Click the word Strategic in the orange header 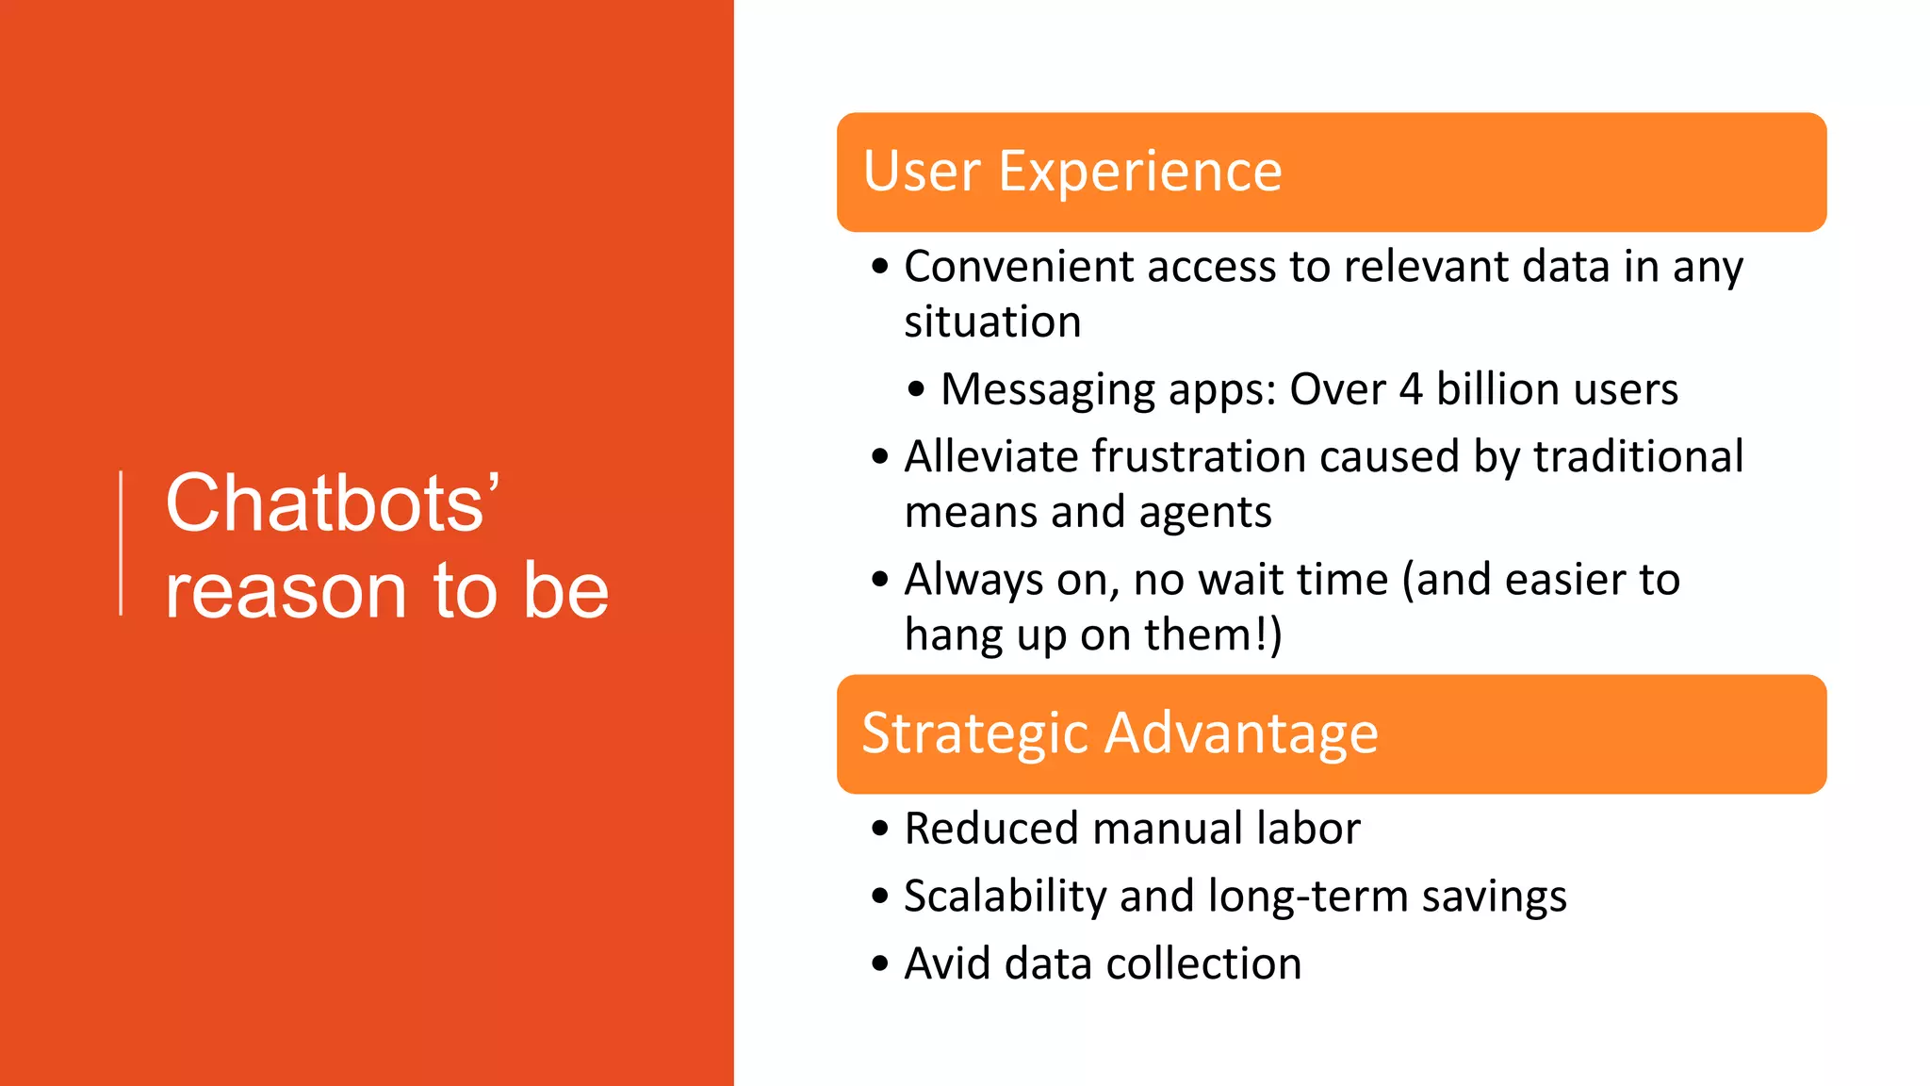pyautogui.click(x=975, y=733)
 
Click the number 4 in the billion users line pyautogui.click(x=1410, y=389)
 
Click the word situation pyautogui.click(x=992, y=322)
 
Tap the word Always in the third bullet pyautogui.click(x=973, y=580)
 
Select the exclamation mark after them pyautogui.click(x=1261, y=633)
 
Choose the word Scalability pyautogui.click(x=1005, y=897)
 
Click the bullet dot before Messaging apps pyautogui.click(x=916, y=389)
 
